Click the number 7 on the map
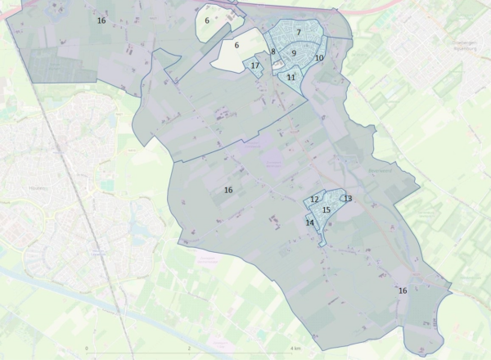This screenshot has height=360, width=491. [x=299, y=32]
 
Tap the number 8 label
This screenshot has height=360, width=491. [x=273, y=52]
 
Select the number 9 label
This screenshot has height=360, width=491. [x=294, y=53]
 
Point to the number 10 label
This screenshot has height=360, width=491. [x=319, y=58]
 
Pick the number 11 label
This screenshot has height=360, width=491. [x=291, y=77]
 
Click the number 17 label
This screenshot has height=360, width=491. [x=255, y=65]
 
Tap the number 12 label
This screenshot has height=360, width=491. [x=314, y=199]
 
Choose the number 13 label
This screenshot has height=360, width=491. [x=348, y=198]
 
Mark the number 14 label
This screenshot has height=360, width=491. [x=310, y=223]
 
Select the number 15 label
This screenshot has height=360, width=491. [x=327, y=210]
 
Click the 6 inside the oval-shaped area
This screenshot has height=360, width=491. [x=207, y=20]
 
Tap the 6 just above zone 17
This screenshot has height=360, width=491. [x=236, y=45]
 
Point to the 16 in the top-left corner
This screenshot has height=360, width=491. [x=101, y=20]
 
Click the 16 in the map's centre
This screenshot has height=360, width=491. [x=228, y=190]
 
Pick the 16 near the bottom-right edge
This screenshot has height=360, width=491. [x=403, y=290]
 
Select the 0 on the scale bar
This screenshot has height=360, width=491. [x=87, y=348]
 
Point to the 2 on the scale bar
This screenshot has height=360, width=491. [x=189, y=348]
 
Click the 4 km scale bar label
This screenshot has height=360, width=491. [x=295, y=348]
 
